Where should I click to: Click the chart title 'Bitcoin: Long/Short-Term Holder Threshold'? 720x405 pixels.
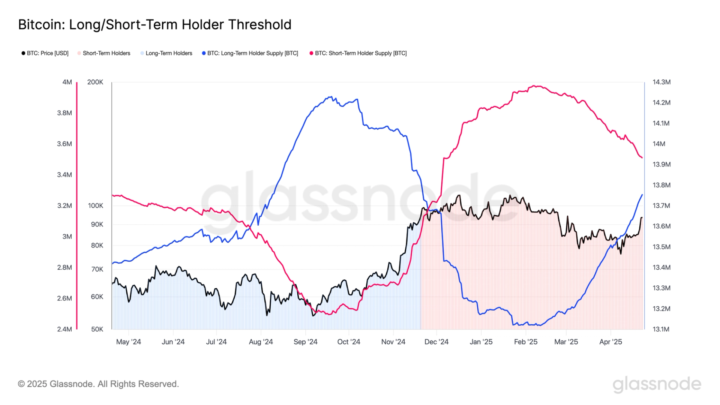154,25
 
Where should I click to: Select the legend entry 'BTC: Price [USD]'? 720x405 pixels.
45,53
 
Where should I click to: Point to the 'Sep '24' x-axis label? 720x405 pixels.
305,342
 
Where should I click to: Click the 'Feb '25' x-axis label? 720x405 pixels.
525,342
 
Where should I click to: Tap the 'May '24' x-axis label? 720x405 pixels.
128,342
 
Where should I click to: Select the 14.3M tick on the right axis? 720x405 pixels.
661,82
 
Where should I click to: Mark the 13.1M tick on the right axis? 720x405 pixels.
661,329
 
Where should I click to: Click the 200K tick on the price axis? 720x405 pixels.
95,82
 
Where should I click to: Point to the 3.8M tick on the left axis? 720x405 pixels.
64,113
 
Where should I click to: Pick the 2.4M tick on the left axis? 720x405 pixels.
64,329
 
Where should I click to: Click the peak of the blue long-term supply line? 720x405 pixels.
331,97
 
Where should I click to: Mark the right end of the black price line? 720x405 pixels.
642,217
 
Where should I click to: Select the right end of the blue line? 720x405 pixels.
642,195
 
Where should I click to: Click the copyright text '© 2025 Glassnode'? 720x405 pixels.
98,384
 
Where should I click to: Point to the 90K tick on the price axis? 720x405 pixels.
97,224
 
